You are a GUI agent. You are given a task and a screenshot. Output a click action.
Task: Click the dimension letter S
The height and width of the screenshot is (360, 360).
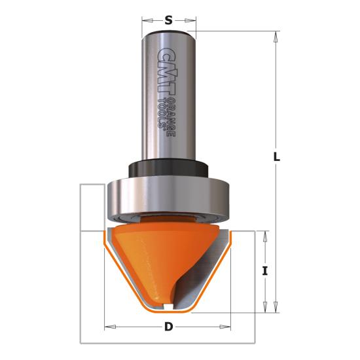168,20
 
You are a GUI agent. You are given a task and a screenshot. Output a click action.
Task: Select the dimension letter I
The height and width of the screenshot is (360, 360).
264,270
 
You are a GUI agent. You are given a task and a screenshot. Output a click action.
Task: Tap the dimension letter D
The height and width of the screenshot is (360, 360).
168,326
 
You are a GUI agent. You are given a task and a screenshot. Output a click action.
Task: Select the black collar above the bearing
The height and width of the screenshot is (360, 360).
168,167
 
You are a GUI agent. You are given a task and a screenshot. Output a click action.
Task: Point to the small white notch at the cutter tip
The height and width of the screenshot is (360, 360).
168,306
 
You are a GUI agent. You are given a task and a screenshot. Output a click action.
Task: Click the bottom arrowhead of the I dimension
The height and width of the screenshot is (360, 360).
264,307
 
